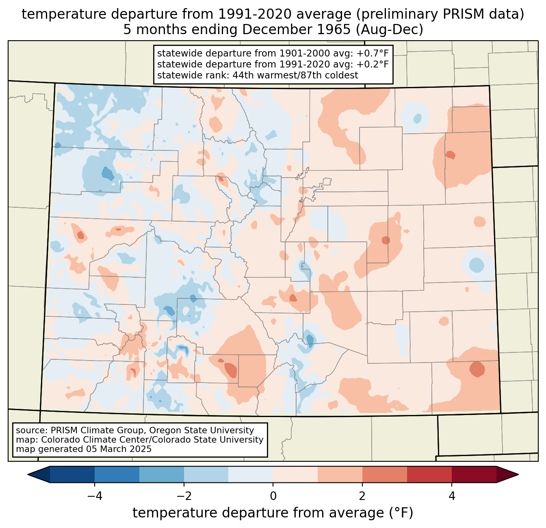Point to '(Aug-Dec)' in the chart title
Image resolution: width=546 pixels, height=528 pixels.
click(390, 30)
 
